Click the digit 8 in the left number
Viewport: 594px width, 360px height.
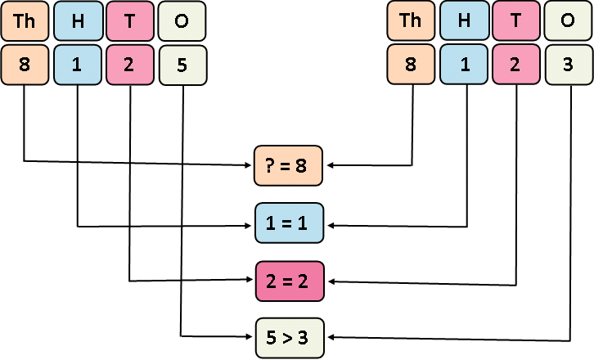coord(24,64)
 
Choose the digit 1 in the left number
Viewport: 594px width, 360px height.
coord(78,64)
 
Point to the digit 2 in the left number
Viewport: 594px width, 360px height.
coord(130,64)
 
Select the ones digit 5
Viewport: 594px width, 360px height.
coord(182,64)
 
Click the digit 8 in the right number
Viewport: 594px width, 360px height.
coord(412,64)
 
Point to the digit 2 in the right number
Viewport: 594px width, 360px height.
coord(516,64)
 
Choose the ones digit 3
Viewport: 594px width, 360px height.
coord(569,64)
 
